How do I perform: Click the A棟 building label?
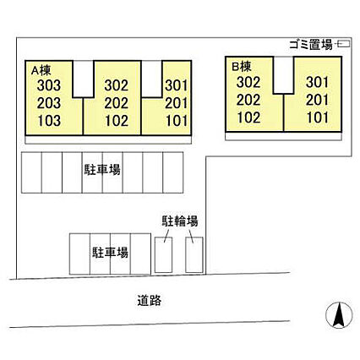41,70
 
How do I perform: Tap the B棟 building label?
242,67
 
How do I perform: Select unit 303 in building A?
49,85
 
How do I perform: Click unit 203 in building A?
49,103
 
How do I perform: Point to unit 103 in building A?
49,121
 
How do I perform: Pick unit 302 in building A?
117,85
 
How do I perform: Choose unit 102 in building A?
117,121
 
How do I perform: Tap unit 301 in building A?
177,85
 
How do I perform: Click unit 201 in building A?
177,103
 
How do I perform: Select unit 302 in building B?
248,82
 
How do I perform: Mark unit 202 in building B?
248,100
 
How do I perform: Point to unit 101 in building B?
318,117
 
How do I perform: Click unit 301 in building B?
317,82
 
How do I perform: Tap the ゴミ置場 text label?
311,45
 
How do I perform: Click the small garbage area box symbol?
344,44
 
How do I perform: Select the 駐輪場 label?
180,221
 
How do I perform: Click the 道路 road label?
150,301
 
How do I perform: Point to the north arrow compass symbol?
339,315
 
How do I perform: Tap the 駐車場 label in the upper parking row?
102,170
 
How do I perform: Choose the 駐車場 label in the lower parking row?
110,253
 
